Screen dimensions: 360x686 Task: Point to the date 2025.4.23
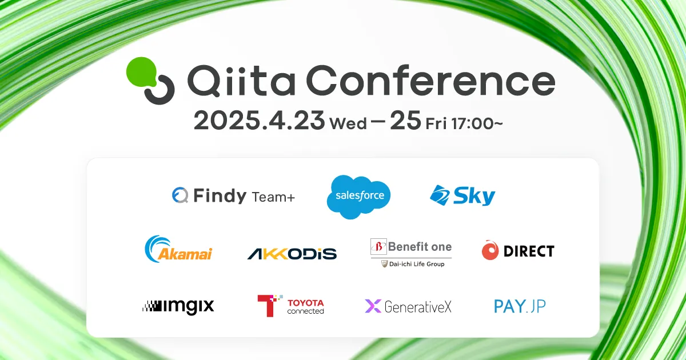pos(259,121)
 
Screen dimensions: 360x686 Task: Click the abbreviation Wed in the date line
pos(348,123)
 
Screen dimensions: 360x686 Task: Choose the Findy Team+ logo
pos(233,196)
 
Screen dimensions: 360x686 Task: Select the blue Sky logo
pos(462,196)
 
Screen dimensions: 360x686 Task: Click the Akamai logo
pos(178,250)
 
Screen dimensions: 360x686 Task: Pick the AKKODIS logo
pos(292,253)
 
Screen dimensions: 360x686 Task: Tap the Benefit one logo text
pos(419,247)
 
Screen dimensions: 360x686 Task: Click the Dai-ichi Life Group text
pos(416,264)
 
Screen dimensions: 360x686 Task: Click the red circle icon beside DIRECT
pos(490,251)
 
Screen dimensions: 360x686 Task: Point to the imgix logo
pos(178,306)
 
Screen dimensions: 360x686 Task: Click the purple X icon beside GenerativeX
pos(373,306)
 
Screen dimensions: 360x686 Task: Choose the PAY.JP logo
pos(520,306)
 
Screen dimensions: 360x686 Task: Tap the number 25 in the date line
pos(405,121)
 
